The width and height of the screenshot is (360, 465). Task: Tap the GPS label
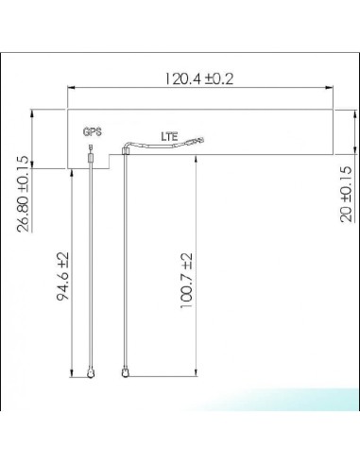[92, 131]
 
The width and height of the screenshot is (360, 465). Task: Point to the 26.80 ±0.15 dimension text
[23, 196]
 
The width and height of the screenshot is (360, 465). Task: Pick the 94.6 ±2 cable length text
[63, 276]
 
